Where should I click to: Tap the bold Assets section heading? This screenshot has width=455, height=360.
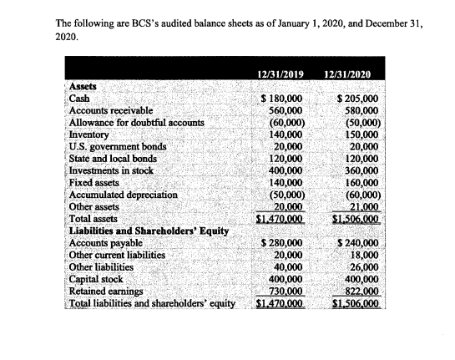pos(82,86)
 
